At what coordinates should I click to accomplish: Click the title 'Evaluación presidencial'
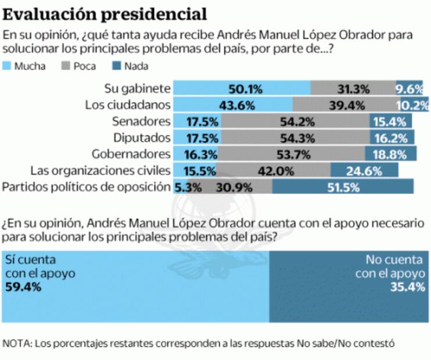tap(105, 13)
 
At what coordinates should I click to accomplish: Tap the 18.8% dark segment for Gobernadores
tap(390, 154)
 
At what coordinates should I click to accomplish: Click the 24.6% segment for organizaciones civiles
tap(364, 171)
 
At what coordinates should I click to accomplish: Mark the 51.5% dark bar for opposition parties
tap(343, 187)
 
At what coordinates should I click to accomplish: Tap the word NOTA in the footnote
tap(17, 343)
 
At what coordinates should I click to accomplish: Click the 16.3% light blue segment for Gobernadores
tap(202, 154)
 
